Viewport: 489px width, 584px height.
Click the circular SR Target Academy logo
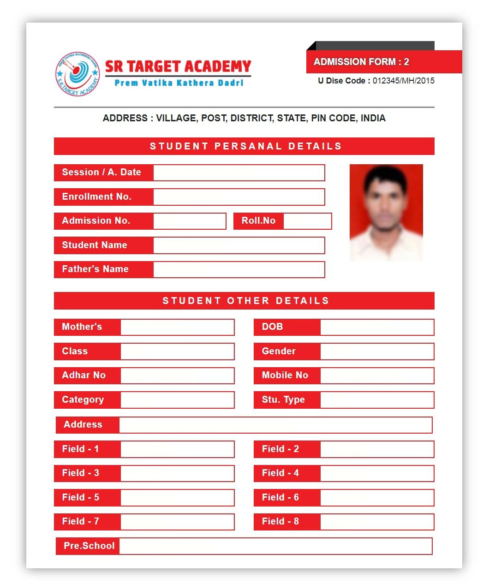click(78, 74)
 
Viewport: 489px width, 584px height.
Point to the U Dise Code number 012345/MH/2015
click(403, 81)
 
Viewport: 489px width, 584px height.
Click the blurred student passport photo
click(386, 212)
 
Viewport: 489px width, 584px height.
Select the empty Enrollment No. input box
click(239, 197)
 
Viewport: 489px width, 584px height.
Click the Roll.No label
click(258, 221)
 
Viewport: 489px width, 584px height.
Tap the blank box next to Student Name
click(239, 245)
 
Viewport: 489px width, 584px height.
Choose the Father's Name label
click(95, 269)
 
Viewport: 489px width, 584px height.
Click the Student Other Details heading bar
click(244, 301)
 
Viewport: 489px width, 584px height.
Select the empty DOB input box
click(377, 327)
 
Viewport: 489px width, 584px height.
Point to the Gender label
click(279, 352)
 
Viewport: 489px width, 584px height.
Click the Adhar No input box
click(177, 375)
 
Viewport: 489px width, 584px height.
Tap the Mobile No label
click(285, 375)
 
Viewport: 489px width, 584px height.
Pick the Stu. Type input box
click(377, 400)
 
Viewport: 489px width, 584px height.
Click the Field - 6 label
click(280, 498)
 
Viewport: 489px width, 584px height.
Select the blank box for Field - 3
click(177, 473)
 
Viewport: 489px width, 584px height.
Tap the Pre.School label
click(89, 546)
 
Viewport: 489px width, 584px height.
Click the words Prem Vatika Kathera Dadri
click(179, 83)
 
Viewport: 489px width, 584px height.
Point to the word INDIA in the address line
click(373, 118)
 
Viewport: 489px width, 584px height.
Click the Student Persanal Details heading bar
click(244, 146)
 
